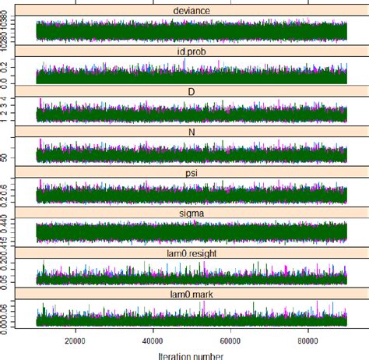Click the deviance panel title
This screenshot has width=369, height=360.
[x=192, y=11]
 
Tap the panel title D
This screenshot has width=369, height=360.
[x=192, y=91]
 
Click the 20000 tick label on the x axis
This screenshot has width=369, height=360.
[x=75, y=340]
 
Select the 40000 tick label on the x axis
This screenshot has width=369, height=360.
[x=153, y=340]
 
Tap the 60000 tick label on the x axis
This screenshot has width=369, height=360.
[x=230, y=340]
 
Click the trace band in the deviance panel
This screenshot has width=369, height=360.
[x=192, y=30]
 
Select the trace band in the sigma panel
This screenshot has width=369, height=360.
[x=192, y=231]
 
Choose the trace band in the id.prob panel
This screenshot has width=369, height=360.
[x=192, y=75]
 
